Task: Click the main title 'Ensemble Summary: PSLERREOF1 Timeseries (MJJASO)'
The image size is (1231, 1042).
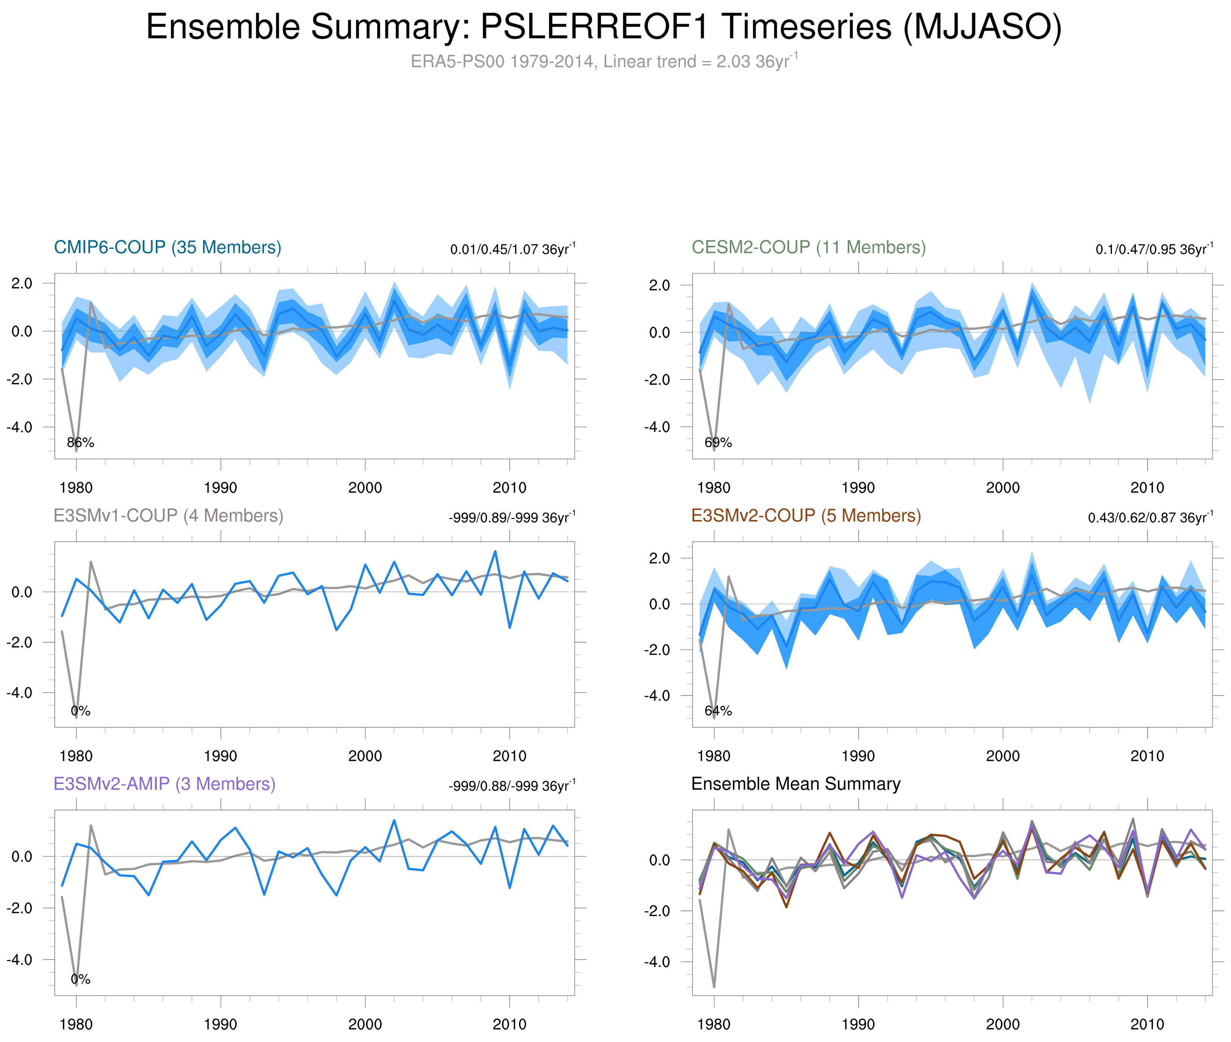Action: pos(603,27)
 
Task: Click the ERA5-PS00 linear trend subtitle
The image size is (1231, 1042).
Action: pos(603,62)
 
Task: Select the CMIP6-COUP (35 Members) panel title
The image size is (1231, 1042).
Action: pos(167,247)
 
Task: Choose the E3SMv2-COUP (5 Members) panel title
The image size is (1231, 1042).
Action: pos(805,516)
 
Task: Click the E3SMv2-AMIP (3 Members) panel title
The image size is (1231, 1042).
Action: pos(164,784)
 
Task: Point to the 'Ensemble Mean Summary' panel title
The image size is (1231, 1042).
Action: pos(796,784)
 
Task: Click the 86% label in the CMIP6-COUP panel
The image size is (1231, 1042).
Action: pos(81,442)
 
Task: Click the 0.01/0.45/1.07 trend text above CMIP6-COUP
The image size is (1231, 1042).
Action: pos(512,249)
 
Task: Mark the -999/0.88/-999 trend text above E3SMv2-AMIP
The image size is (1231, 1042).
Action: pos(511,786)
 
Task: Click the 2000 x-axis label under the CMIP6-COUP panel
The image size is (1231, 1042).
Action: pos(365,488)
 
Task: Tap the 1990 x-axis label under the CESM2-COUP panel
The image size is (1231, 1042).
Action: pos(858,488)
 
